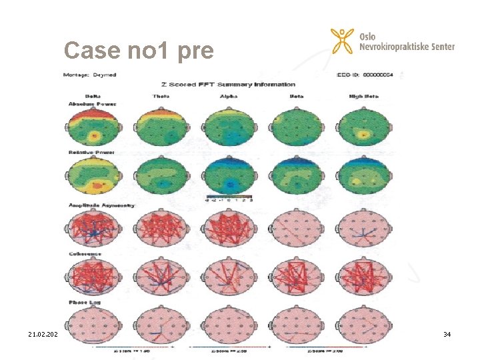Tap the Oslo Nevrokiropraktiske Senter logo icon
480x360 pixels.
342,42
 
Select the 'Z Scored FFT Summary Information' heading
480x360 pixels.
228,85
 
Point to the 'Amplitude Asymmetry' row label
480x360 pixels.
101,205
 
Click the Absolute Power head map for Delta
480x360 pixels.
93,128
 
